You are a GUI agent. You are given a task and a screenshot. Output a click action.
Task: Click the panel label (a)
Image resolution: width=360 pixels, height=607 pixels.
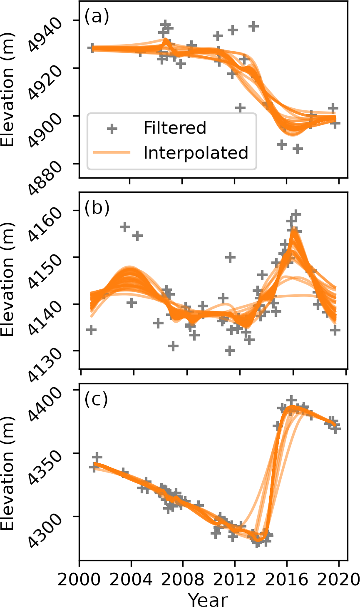point(97,17)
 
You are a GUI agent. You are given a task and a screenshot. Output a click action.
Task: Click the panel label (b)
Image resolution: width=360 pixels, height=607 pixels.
point(97,208)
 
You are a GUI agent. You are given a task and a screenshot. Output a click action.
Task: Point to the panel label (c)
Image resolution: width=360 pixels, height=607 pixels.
point(96,400)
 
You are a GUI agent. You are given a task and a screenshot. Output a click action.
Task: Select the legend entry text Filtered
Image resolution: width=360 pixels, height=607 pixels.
point(175,128)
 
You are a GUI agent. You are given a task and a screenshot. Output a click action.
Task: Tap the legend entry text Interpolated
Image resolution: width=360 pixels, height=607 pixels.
point(196,153)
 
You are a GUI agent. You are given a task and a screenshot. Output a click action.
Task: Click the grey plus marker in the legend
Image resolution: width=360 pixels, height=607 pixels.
point(112,128)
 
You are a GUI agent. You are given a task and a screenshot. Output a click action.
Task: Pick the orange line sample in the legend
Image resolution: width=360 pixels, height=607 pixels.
point(112,153)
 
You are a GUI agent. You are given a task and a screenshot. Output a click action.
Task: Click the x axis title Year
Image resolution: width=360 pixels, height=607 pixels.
point(208,600)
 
